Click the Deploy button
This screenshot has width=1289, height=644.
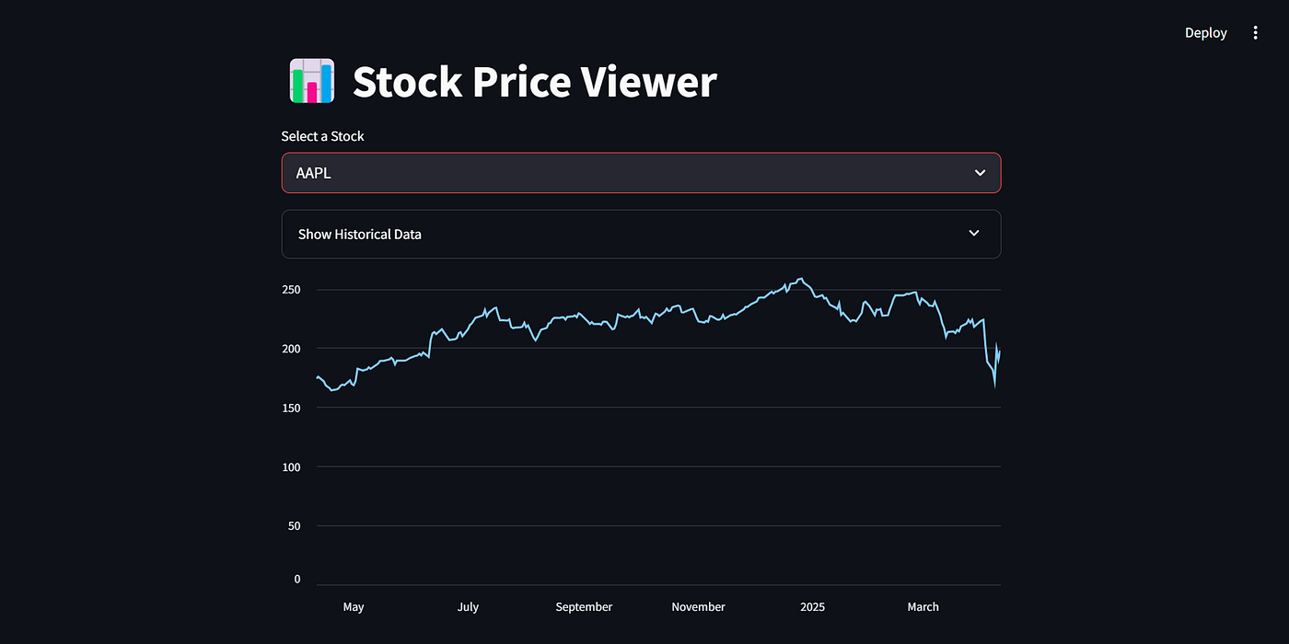pyautogui.click(x=1205, y=33)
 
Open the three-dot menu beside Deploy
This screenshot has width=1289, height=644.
pyautogui.click(x=1255, y=33)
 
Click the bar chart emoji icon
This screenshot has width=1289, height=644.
pyautogui.click(x=311, y=81)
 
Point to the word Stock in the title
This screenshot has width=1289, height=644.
pyautogui.click(x=407, y=82)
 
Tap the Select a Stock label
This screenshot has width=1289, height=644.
pyautogui.click(x=322, y=136)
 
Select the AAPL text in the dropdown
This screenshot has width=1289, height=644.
pyautogui.click(x=313, y=173)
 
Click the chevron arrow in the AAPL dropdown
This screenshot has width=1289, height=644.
pyautogui.click(x=980, y=173)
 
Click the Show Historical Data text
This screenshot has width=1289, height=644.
pyautogui.click(x=359, y=235)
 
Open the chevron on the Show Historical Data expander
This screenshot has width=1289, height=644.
pyautogui.click(x=974, y=234)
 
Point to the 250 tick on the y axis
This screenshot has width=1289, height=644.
pyautogui.click(x=291, y=290)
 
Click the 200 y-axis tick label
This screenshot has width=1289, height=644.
pyautogui.click(x=291, y=349)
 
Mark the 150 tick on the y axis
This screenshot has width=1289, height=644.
pyautogui.click(x=291, y=408)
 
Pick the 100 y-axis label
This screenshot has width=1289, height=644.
pyautogui.click(x=291, y=466)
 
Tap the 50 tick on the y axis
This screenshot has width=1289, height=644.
pyautogui.click(x=295, y=526)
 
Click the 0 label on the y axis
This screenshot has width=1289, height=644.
pyautogui.click(x=297, y=579)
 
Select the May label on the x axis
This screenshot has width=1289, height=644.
pyautogui.click(x=354, y=607)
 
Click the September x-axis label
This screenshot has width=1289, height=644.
pyautogui.click(x=584, y=607)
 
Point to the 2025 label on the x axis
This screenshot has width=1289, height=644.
pyautogui.click(x=813, y=607)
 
